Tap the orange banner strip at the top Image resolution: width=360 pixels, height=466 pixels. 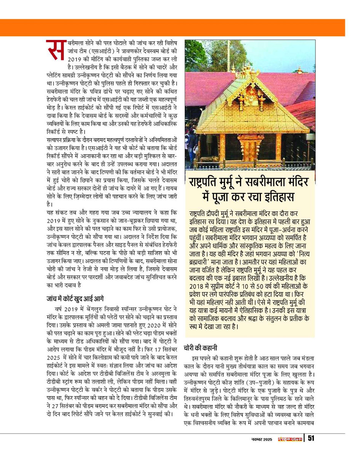pyautogui.click(x=180, y=27)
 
